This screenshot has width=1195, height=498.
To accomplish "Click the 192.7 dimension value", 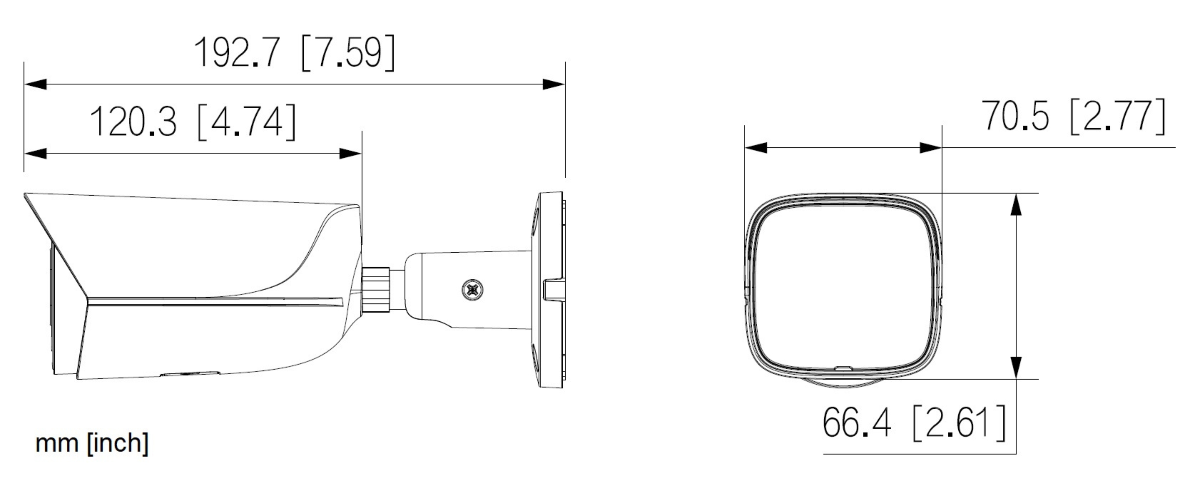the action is coord(237,52).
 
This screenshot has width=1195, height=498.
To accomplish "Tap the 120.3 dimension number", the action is coord(133,122).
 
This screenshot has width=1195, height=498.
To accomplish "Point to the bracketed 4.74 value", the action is coord(246,122).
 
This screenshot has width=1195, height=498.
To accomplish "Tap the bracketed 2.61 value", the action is coord(959,422).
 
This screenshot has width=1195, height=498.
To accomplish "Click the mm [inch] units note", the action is coord(92,443).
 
